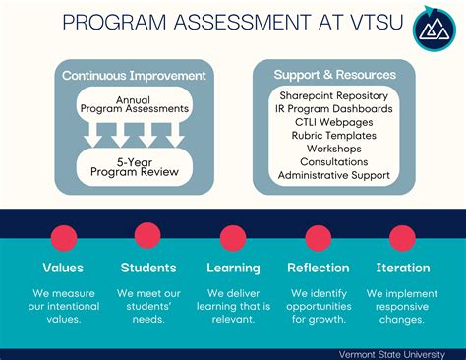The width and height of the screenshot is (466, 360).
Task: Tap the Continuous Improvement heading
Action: (134, 75)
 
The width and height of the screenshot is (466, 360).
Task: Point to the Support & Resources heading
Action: (334, 75)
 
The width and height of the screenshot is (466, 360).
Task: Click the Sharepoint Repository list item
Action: (334, 95)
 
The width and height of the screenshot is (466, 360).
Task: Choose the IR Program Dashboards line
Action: (334, 108)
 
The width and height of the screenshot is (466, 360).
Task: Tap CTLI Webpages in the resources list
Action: (334, 122)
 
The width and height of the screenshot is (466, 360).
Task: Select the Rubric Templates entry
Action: (334, 136)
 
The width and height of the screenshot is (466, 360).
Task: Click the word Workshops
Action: (334, 149)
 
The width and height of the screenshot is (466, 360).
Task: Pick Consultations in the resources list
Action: (334, 162)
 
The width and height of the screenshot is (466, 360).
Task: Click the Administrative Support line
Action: (334, 176)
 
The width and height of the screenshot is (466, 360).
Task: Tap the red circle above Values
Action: (63, 237)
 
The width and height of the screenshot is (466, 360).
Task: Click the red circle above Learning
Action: (233, 237)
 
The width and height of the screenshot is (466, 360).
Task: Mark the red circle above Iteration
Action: (402, 237)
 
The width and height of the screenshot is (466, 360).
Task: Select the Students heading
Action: (148, 268)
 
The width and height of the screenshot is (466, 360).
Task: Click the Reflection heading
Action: (318, 268)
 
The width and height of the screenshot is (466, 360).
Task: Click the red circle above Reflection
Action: (318, 237)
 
